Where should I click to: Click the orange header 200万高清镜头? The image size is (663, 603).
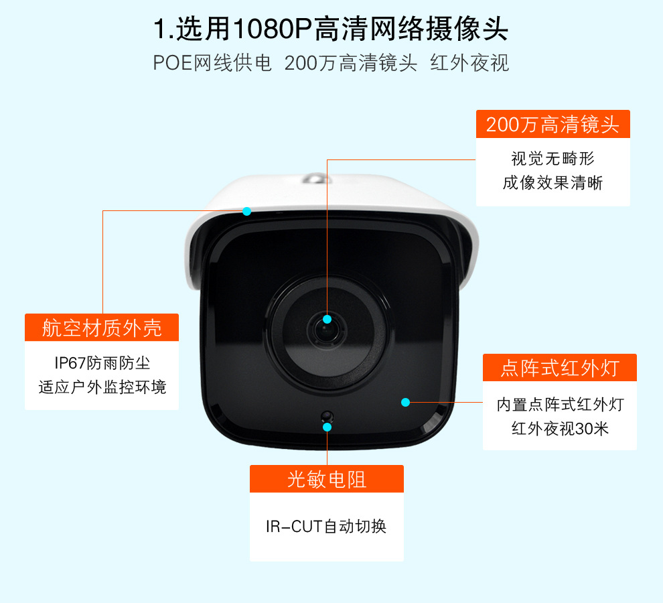552,124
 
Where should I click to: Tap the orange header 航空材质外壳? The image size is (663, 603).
102,328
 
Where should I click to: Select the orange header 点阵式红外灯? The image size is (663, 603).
560,368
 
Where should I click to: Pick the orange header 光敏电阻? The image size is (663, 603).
326,479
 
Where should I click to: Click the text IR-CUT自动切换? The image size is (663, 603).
326,527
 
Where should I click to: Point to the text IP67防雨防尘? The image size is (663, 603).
102,362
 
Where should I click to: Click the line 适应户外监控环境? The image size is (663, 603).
102,387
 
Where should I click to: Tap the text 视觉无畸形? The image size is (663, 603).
552,159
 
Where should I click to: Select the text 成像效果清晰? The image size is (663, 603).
552,183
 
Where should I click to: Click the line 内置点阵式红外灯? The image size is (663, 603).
561,405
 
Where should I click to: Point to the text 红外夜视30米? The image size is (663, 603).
560,429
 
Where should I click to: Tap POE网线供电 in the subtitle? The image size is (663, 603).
212,63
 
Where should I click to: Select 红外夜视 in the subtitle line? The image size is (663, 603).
469,63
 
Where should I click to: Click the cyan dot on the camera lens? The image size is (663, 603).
327,319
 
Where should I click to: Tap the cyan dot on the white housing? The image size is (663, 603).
247,211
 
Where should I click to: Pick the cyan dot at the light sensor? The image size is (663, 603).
327,427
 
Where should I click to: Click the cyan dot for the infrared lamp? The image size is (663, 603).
405,402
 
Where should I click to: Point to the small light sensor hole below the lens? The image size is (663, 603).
327,417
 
